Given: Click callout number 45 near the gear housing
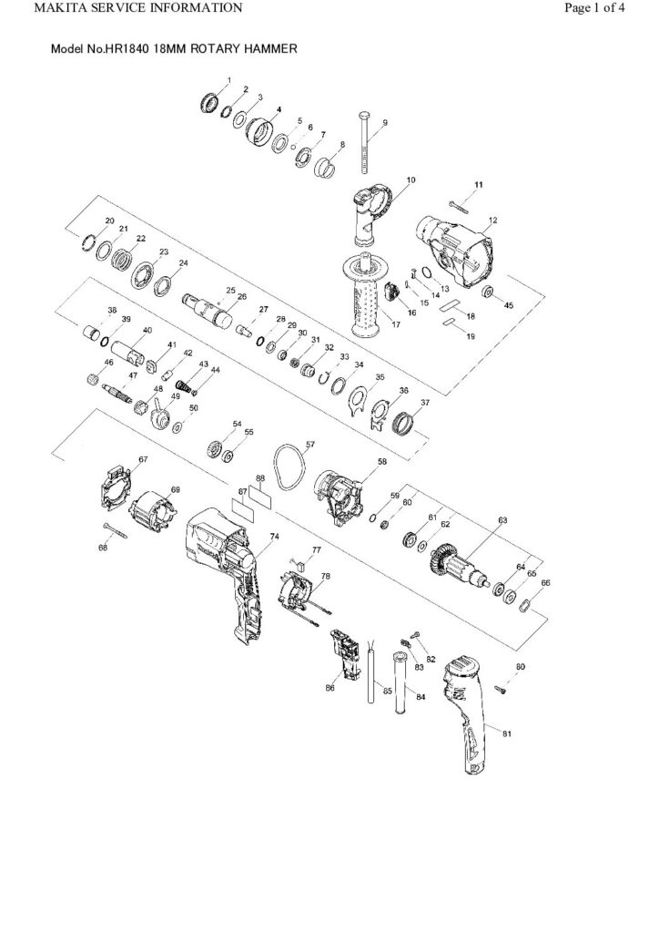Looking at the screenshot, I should (x=509, y=305).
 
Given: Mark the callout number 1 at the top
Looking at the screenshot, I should (x=229, y=81).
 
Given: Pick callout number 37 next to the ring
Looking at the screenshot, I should (x=425, y=402).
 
